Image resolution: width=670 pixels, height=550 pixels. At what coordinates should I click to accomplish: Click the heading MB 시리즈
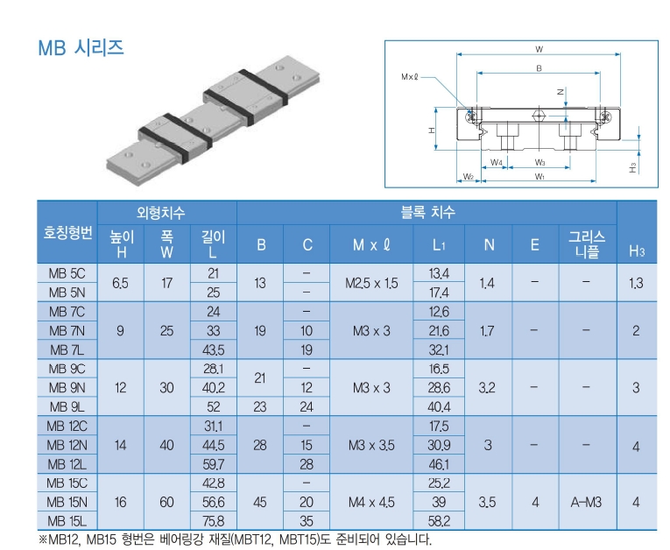(x=80, y=48)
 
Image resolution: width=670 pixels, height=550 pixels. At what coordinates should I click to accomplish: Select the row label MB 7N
(x=66, y=330)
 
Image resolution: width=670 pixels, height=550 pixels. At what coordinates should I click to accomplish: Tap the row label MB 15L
(x=66, y=521)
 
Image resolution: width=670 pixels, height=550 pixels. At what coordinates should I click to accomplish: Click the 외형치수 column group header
(x=166, y=212)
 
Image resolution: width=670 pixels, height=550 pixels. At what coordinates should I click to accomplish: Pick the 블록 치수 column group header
(x=427, y=212)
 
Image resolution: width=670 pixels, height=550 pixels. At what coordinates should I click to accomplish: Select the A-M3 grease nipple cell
(x=586, y=502)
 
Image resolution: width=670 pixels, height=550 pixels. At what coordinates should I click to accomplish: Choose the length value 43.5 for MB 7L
(x=213, y=349)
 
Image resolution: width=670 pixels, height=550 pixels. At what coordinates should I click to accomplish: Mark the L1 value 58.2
(x=440, y=521)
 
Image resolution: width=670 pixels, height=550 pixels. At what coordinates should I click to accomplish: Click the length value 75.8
(x=213, y=521)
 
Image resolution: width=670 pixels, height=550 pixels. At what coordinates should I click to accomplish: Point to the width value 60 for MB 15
(x=166, y=502)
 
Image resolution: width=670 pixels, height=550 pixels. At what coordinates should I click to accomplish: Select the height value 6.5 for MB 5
(x=121, y=283)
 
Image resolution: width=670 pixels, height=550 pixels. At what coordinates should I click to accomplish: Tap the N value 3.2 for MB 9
(x=489, y=387)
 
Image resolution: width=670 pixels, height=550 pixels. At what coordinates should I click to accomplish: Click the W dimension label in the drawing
(x=539, y=48)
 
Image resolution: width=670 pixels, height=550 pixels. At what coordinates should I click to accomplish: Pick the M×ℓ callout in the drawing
(x=410, y=76)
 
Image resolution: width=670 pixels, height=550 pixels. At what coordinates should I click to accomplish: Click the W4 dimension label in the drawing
(x=496, y=162)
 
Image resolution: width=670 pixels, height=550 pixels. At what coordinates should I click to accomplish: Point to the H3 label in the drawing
(x=633, y=166)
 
